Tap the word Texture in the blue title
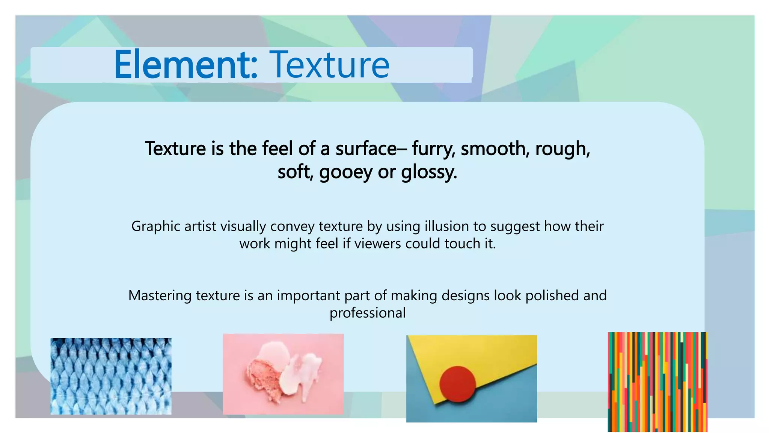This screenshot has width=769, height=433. coord(330,65)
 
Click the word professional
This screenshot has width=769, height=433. coord(368,313)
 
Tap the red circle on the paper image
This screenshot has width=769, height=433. coord(457,384)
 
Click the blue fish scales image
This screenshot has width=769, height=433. coord(111,376)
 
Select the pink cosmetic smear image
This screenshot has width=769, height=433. coord(283,374)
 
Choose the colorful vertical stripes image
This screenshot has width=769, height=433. coord(657,382)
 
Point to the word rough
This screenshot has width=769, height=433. coord(562,149)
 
